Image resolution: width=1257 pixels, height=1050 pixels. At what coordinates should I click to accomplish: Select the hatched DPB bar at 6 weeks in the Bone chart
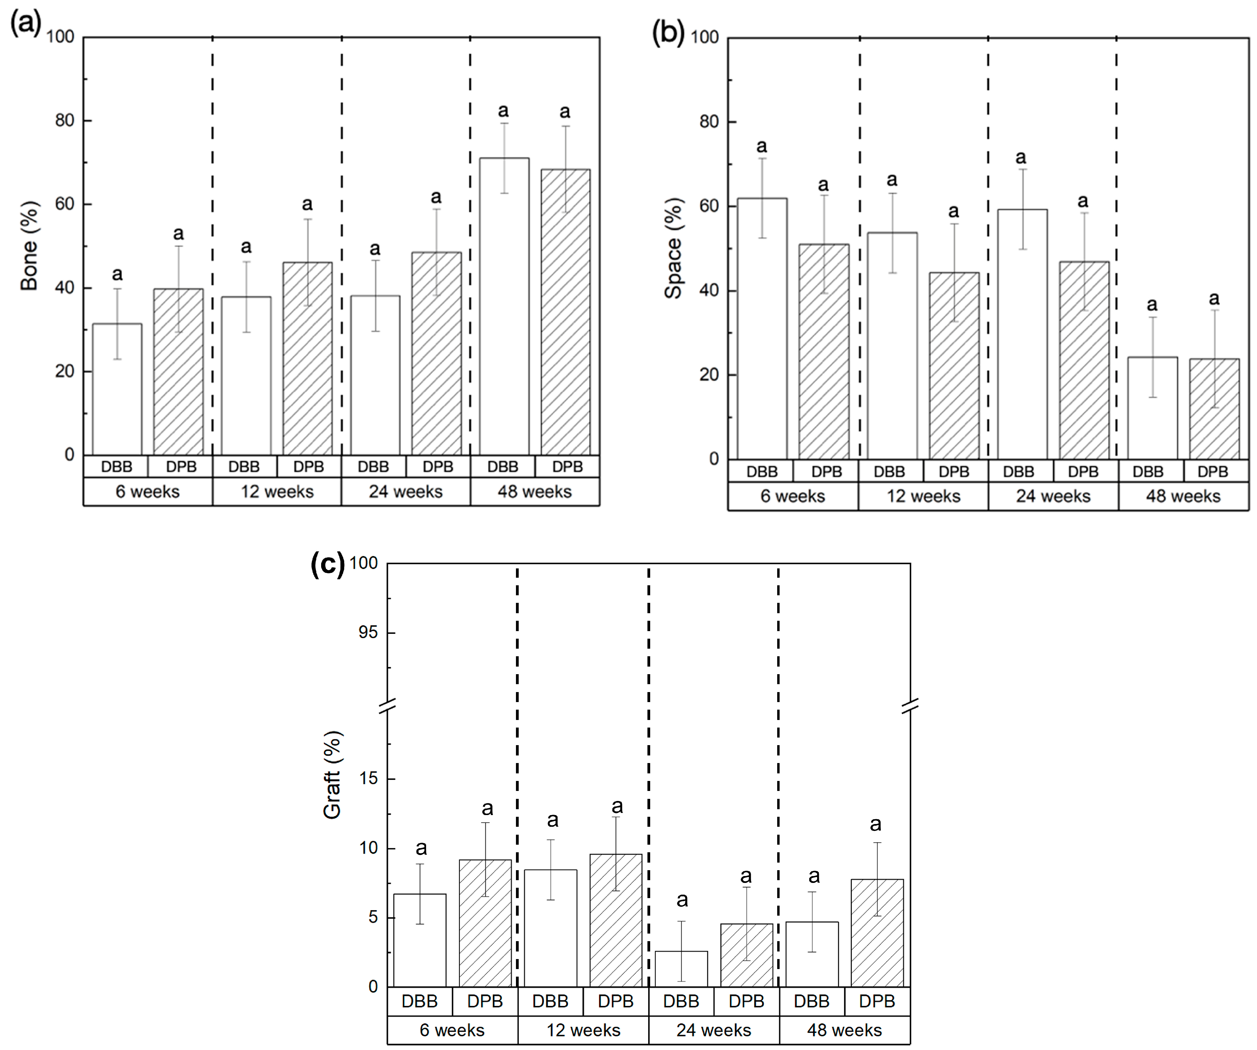[178, 371]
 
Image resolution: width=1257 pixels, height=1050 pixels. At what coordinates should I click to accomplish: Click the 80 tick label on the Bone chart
[65, 120]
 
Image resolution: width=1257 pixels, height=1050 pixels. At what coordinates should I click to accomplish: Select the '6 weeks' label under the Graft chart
[452, 1030]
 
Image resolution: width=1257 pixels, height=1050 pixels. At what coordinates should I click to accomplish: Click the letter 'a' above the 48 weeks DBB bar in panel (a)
[504, 111]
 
